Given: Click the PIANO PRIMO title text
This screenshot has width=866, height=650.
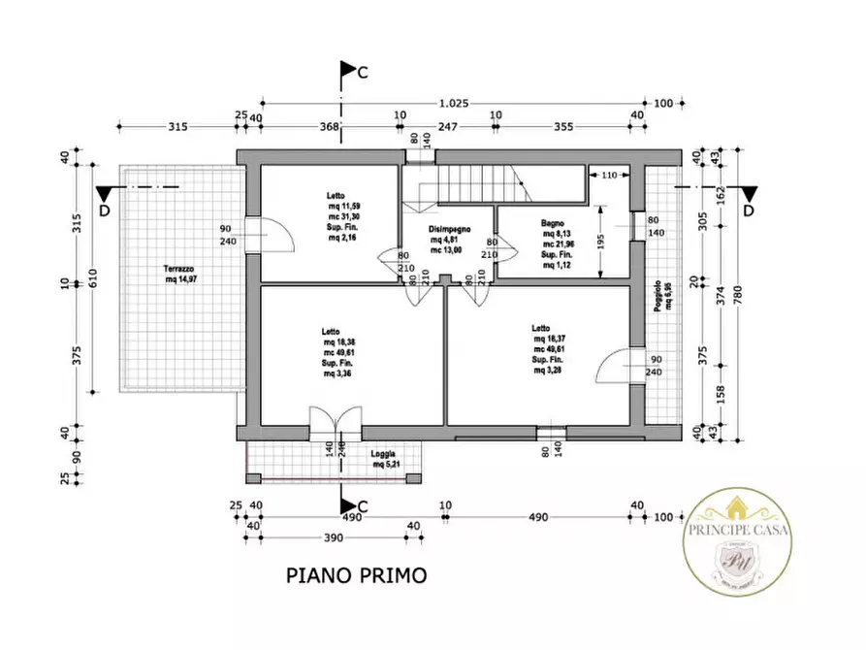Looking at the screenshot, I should pos(356,574).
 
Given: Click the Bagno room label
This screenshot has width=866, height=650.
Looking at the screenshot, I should pos(556,223).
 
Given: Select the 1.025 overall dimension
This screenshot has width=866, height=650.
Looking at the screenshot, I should pos(456,102).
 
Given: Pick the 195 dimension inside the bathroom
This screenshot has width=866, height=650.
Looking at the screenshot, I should pos(601,241).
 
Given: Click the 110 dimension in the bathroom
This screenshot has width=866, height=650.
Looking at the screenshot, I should pos(608,176).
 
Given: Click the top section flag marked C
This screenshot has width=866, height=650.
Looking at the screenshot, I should pos(349,71).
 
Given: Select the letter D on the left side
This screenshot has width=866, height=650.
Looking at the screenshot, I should pos(104,211).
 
